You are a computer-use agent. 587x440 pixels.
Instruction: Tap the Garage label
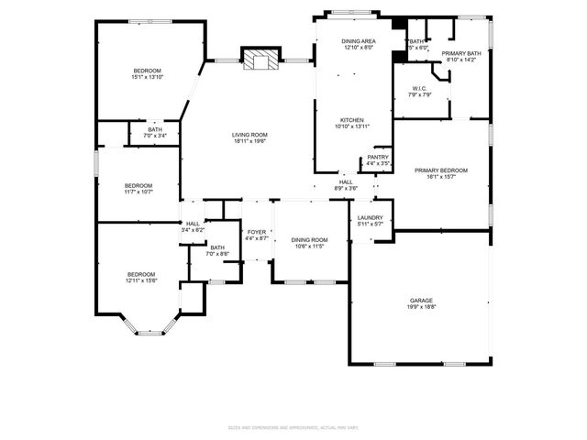[422, 301]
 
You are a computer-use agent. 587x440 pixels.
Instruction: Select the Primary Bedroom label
[440, 170]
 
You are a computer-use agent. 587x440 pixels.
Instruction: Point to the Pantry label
[378, 157]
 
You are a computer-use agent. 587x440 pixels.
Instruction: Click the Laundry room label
[371, 216]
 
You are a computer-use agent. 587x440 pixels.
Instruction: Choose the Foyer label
[257, 232]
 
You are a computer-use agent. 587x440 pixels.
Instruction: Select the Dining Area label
[359, 41]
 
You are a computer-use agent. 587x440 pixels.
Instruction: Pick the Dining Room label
[310, 239]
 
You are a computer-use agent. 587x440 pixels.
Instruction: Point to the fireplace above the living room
[258, 60]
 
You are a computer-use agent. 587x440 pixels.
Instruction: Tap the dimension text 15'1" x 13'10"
[147, 78]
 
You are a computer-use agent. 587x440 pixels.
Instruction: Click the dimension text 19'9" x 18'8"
[422, 308]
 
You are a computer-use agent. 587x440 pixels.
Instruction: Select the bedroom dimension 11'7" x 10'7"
[138, 192]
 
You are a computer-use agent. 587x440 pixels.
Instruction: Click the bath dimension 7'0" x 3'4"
[155, 136]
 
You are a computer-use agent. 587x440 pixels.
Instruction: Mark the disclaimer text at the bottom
[293, 428]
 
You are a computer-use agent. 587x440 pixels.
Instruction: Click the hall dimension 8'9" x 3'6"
[346, 189]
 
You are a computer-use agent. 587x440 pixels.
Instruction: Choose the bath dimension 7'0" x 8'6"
[217, 254]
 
